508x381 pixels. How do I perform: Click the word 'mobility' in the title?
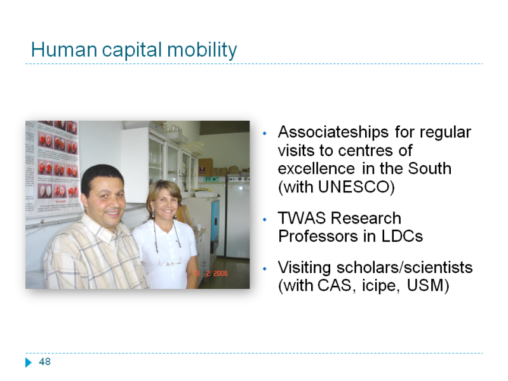point(202,51)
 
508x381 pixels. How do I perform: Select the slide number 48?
point(44,361)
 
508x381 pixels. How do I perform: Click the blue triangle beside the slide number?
point(29,362)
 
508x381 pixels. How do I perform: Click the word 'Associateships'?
point(333,132)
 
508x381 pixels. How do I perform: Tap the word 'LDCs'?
point(402,236)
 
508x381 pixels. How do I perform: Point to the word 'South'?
point(430,168)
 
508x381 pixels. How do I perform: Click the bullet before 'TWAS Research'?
point(265,220)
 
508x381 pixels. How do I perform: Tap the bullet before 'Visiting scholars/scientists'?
point(265,269)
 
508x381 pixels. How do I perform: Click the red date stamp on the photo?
point(210,274)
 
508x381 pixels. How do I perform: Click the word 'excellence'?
point(316,168)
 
